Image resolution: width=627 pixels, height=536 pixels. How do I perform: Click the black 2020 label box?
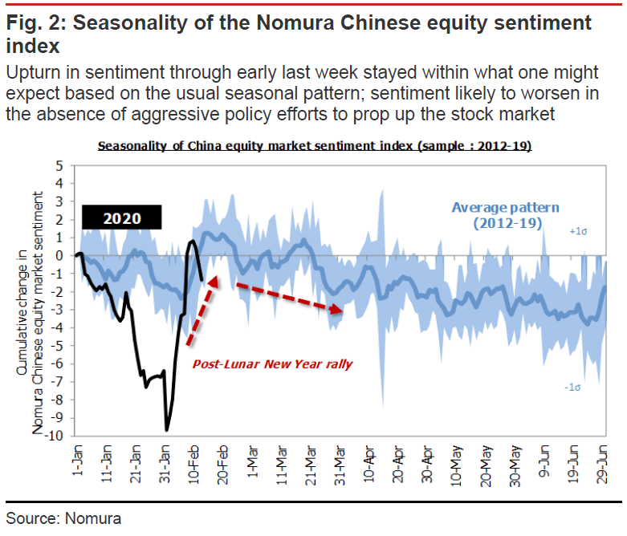[122, 217]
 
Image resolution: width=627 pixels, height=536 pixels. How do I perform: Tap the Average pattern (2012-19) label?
[505, 214]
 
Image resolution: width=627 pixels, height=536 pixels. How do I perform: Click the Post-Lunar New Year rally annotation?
[273, 363]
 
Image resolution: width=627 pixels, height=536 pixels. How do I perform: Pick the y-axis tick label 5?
[59, 165]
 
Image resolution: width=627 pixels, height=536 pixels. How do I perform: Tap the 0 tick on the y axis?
[59, 255]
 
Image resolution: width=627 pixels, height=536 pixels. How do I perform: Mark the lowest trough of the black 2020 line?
[167, 430]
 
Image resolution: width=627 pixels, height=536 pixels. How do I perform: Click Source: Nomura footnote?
[63, 518]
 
